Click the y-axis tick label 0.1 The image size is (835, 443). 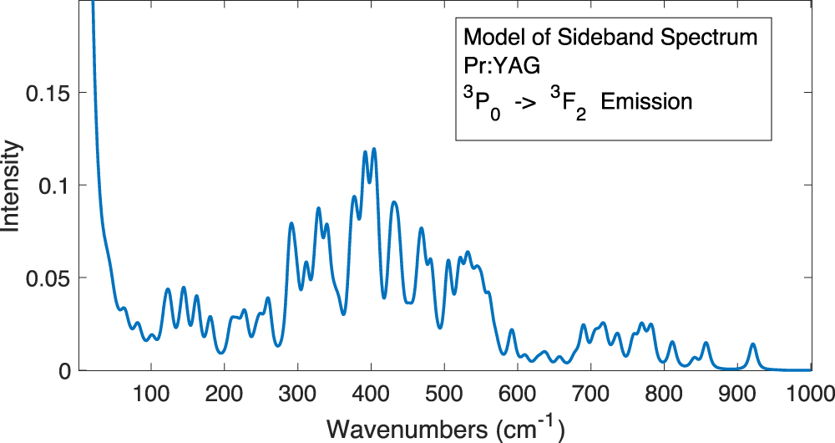[x=57, y=185]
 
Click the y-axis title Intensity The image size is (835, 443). [x=12, y=186]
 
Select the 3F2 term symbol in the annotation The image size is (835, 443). [x=566, y=104]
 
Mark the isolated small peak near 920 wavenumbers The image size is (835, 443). [x=753, y=344]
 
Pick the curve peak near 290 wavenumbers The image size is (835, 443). [x=291, y=223]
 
